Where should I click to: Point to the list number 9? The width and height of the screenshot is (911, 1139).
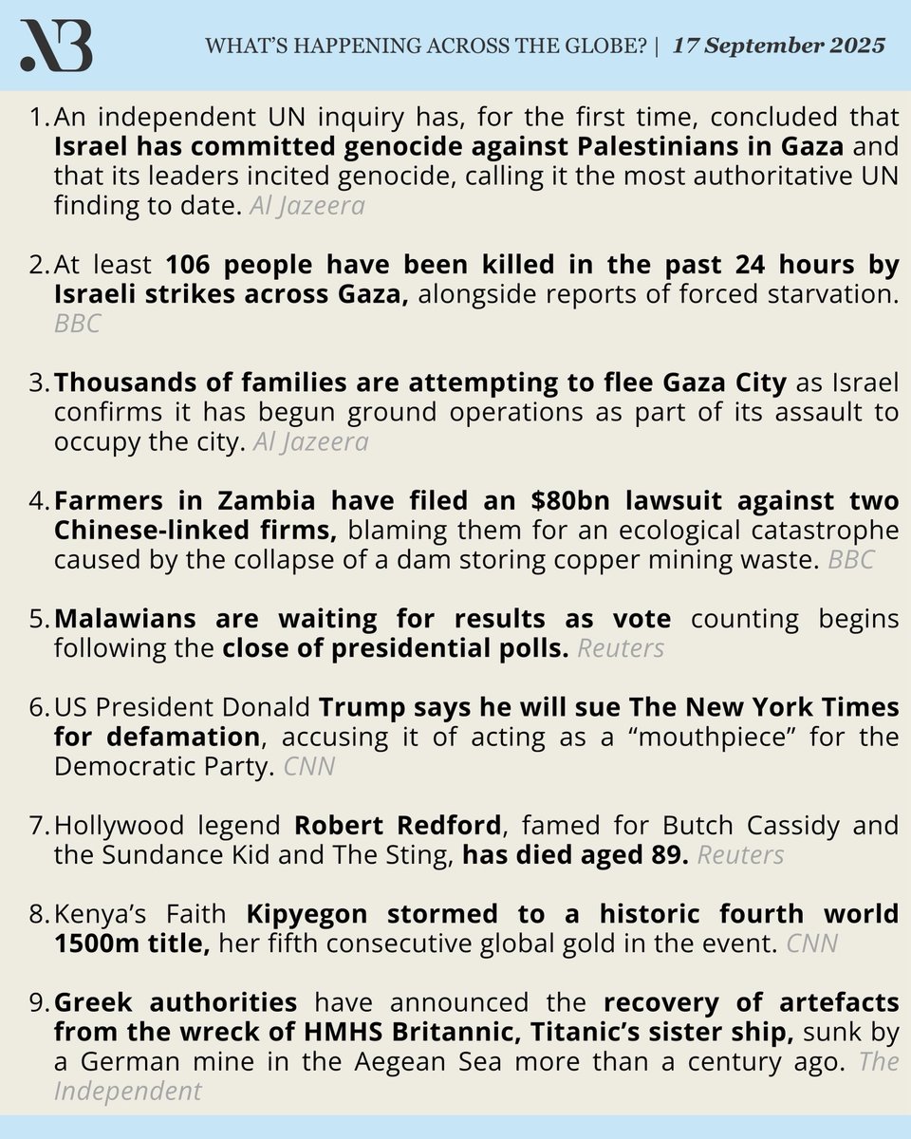point(40,1004)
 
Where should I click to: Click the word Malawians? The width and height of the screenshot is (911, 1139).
point(119,619)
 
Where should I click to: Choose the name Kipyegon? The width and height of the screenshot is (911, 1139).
point(308,914)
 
